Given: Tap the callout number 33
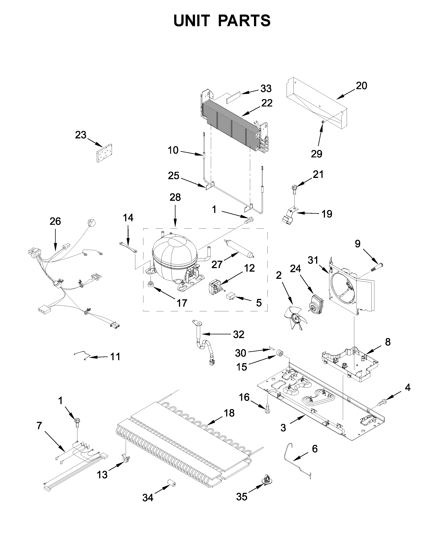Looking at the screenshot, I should click(x=266, y=89).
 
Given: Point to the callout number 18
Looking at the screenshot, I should click(x=229, y=413).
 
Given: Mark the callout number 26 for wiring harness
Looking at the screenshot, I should click(x=55, y=221).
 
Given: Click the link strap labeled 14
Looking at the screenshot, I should click(x=128, y=247).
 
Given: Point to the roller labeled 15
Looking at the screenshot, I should click(x=280, y=354).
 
